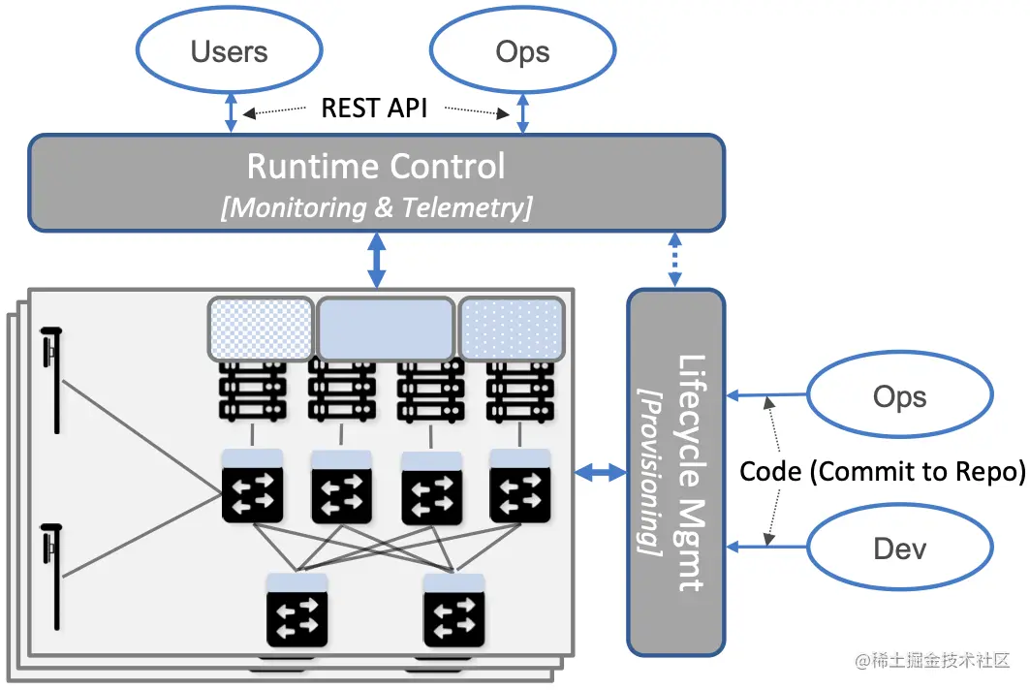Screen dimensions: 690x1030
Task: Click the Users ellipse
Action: (x=230, y=51)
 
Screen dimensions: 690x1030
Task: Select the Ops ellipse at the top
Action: (x=522, y=51)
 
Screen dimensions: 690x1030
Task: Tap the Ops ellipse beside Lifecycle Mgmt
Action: (x=899, y=396)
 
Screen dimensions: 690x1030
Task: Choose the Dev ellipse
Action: (x=899, y=549)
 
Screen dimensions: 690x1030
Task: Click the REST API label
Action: (x=374, y=107)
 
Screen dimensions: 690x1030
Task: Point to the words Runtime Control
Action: (x=376, y=167)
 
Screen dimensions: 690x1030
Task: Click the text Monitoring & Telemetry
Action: (x=376, y=207)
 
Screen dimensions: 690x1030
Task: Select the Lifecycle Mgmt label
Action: (x=692, y=472)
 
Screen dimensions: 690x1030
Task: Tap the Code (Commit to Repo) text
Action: (x=882, y=472)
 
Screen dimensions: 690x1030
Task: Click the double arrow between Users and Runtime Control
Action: (x=230, y=112)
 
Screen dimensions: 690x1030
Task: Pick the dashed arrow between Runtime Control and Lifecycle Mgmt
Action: (x=674, y=260)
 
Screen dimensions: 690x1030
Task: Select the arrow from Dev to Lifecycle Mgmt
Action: (x=766, y=547)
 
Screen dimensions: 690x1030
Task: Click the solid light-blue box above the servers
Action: (x=386, y=329)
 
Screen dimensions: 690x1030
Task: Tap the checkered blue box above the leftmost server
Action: (x=262, y=329)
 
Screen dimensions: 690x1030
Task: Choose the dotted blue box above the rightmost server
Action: (x=512, y=329)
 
